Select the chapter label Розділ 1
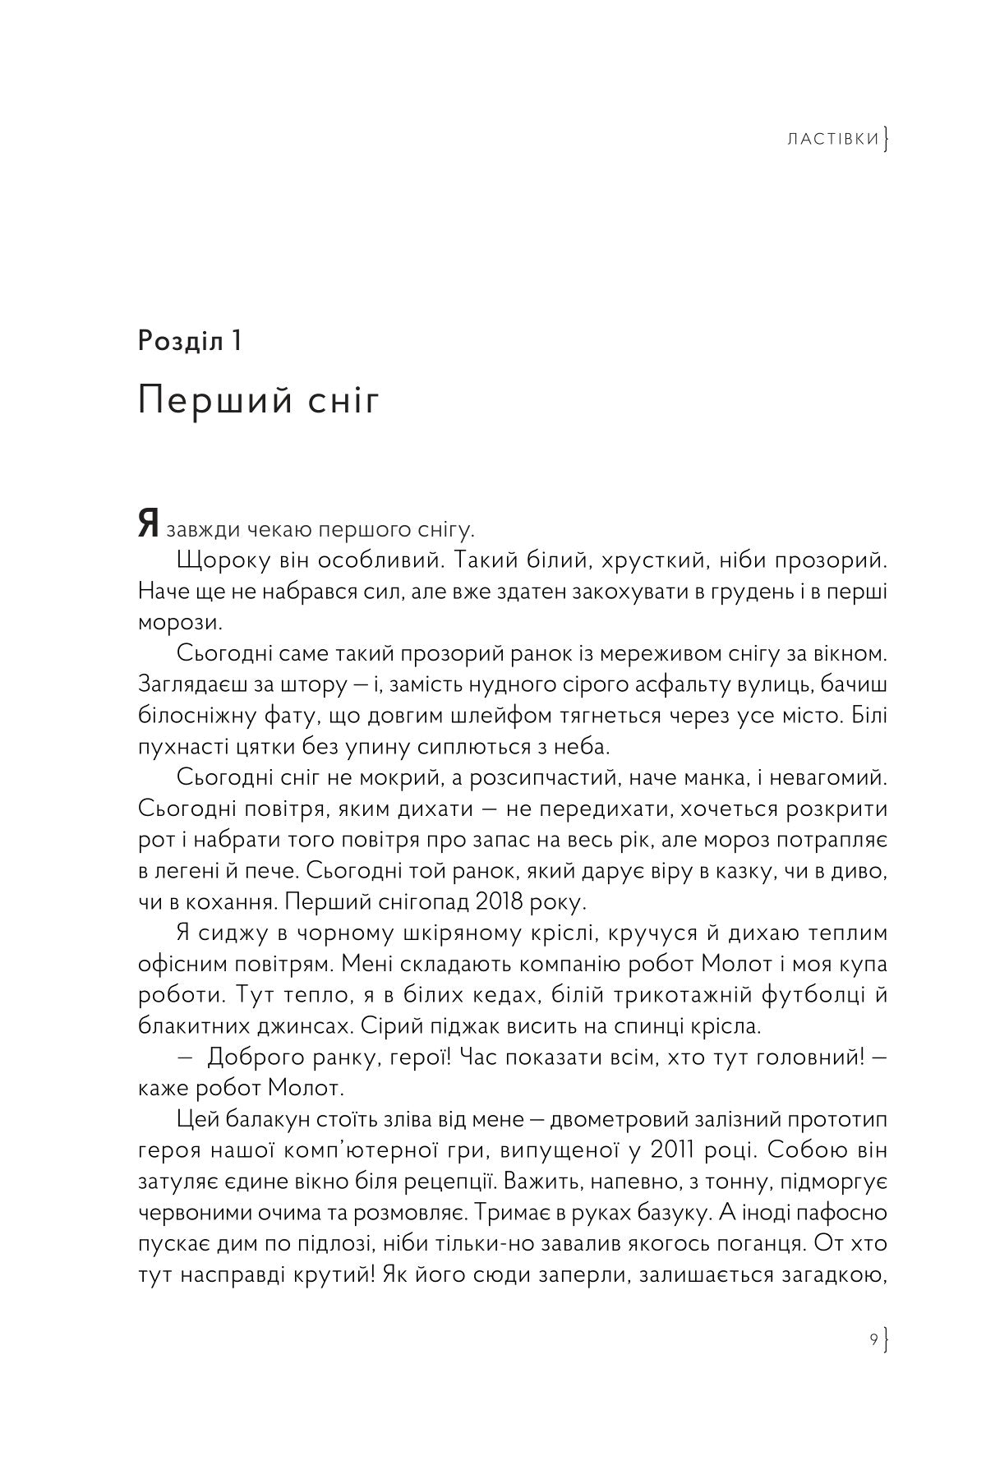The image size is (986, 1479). pos(190,339)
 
